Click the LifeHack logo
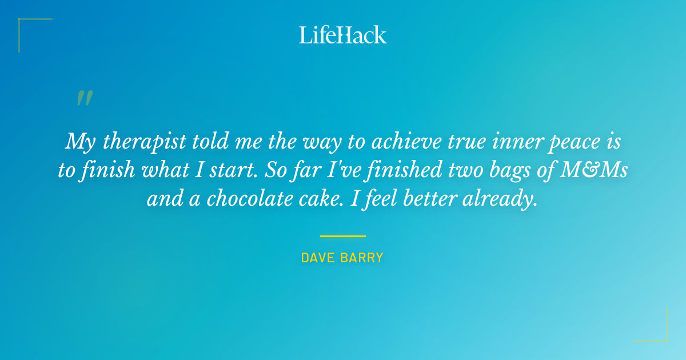pyautogui.click(x=343, y=35)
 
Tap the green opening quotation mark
pyautogui.click(x=85, y=98)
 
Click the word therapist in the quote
pyautogui.click(x=142, y=141)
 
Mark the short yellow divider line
pyautogui.click(x=343, y=235)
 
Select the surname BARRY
pyautogui.click(x=363, y=258)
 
